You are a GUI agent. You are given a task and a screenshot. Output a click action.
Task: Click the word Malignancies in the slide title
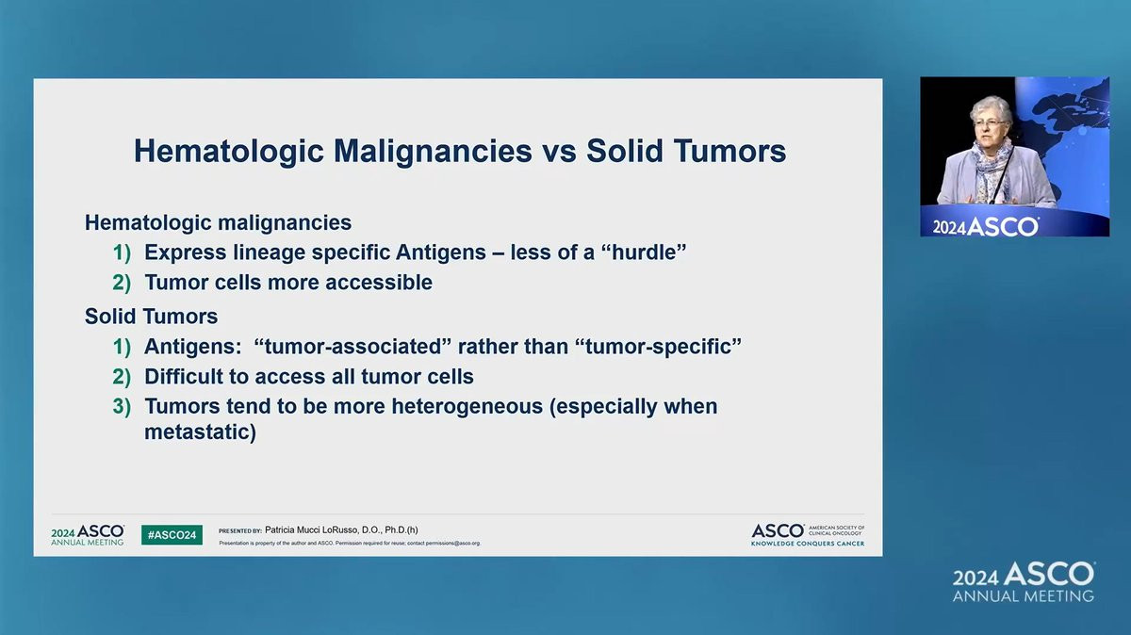coord(433,152)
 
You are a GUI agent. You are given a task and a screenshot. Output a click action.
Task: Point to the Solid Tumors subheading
coord(151,317)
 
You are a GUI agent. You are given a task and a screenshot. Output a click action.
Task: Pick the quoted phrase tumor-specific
coord(658,347)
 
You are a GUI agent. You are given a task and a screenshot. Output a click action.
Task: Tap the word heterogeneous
coord(467,407)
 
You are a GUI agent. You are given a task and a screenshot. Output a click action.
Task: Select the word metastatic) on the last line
coord(200,432)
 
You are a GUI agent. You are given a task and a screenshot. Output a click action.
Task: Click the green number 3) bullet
coord(122,407)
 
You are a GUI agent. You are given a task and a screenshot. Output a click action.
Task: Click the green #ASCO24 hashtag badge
coord(172,535)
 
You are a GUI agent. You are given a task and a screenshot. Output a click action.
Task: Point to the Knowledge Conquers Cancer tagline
coord(808,544)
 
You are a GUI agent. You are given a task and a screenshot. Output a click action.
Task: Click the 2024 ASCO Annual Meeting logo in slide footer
coord(88,535)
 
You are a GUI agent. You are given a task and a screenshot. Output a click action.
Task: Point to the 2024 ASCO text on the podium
coord(985,227)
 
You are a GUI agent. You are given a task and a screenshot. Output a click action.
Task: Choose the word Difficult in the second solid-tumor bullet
coord(183,377)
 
